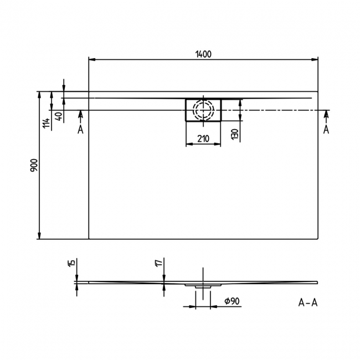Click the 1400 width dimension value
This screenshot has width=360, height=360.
pyautogui.click(x=203, y=53)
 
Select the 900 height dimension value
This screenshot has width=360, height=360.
pyautogui.click(x=34, y=166)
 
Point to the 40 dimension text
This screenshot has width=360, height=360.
pyautogui.click(x=59, y=116)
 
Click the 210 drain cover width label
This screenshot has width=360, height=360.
pyautogui.click(x=203, y=139)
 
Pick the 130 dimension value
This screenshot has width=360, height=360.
pyautogui.click(x=235, y=133)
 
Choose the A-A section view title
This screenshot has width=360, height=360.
pyautogui.click(x=307, y=302)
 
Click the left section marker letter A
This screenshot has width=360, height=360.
pyautogui.click(x=80, y=130)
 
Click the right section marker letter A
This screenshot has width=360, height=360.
pyautogui.click(x=326, y=130)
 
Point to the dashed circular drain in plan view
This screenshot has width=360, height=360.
pyautogui.click(x=203, y=109)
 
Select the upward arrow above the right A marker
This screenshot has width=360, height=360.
pyautogui.click(x=326, y=114)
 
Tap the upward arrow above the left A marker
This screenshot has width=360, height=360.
pyautogui.click(x=81, y=114)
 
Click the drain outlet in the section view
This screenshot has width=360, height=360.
pyautogui.click(x=203, y=286)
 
